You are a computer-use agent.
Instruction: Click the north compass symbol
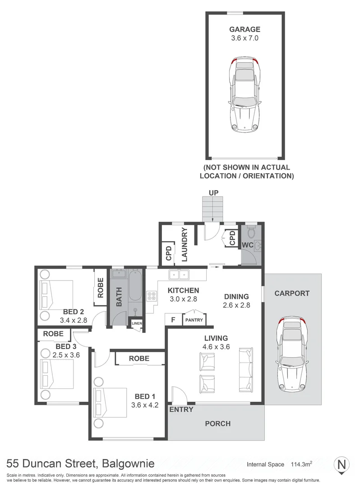coord(342,464)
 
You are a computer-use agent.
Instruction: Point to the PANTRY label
coord(194,321)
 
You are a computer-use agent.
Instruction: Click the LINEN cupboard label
coord(136,323)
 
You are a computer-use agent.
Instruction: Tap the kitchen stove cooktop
coord(152,296)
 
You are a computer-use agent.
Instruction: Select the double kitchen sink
coord(180,275)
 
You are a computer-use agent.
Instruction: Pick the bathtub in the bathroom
coord(135,289)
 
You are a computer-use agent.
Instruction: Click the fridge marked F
coord(172,321)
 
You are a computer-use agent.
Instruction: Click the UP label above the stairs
coord(213,193)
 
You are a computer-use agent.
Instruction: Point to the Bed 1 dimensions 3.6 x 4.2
coord(145,404)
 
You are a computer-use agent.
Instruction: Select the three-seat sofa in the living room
coord(246,370)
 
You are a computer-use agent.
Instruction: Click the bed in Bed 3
coord(56,373)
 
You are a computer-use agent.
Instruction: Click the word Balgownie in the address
coord(129,464)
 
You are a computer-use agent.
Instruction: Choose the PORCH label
coord(217,423)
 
